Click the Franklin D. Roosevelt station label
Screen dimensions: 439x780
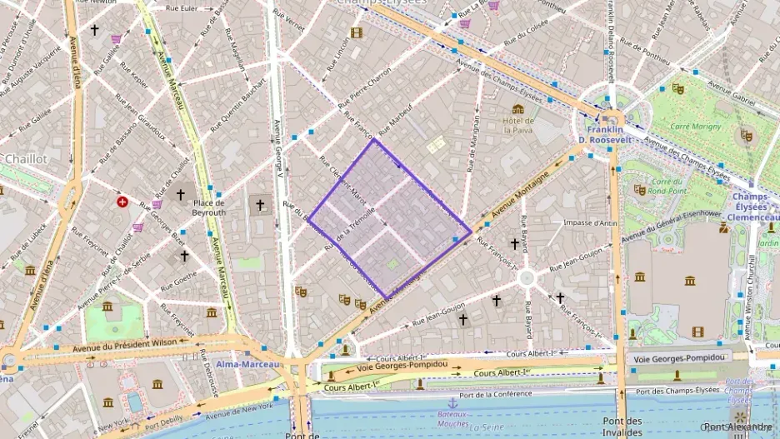click(605, 134)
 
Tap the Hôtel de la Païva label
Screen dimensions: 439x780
click(518, 125)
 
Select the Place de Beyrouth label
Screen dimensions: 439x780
click(208, 207)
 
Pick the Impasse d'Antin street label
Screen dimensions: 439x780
click(590, 222)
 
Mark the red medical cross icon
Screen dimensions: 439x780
click(123, 202)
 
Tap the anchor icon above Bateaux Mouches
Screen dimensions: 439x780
click(453, 403)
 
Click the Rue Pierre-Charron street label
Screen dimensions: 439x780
click(364, 89)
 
